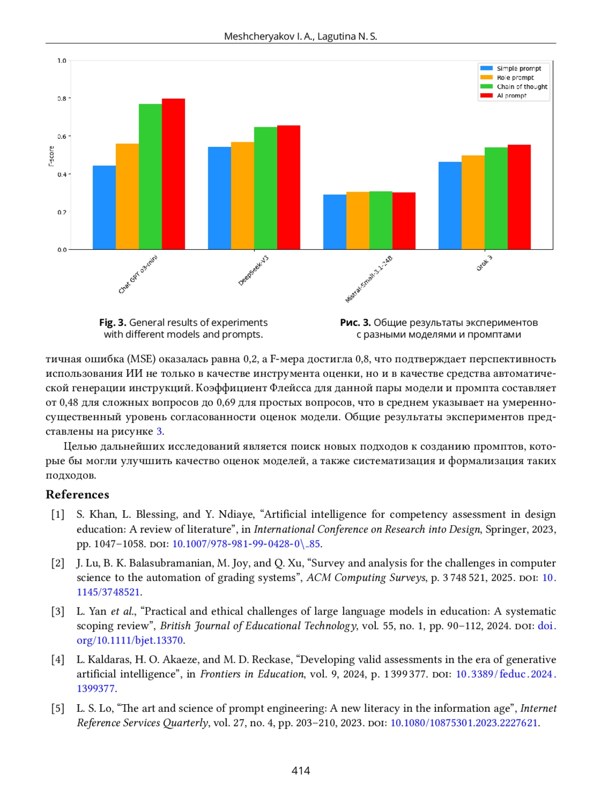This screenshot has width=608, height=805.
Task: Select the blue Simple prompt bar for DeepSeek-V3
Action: (219, 198)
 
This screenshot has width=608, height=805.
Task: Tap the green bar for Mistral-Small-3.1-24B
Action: (381, 220)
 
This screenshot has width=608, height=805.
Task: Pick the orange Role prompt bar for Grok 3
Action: (473, 202)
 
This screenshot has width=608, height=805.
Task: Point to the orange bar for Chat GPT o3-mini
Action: (127, 197)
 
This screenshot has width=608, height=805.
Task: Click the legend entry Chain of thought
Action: (521, 87)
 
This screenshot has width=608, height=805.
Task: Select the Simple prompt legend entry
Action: (518, 68)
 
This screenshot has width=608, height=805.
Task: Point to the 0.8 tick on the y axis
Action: (62, 98)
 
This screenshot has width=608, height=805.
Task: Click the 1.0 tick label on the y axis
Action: (62, 61)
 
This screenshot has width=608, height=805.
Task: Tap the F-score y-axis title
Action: (51, 156)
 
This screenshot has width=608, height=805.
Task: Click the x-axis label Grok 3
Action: (484, 263)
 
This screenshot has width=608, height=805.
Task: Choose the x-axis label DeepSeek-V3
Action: (253, 271)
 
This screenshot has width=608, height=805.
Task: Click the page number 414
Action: (300, 771)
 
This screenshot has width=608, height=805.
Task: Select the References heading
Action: (78, 494)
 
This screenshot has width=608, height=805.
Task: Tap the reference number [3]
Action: (58, 611)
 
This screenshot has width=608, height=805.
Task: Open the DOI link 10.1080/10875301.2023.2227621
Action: (464, 723)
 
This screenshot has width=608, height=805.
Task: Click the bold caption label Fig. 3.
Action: (112, 323)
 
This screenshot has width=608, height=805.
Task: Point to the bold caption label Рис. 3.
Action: (355, 323)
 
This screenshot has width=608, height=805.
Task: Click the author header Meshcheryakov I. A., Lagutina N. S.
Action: (300, 36)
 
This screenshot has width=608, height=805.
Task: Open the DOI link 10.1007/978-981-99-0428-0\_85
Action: (246, 544)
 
